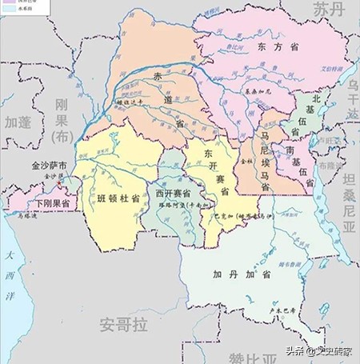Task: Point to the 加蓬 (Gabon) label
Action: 18,122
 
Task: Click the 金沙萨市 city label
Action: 46,167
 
